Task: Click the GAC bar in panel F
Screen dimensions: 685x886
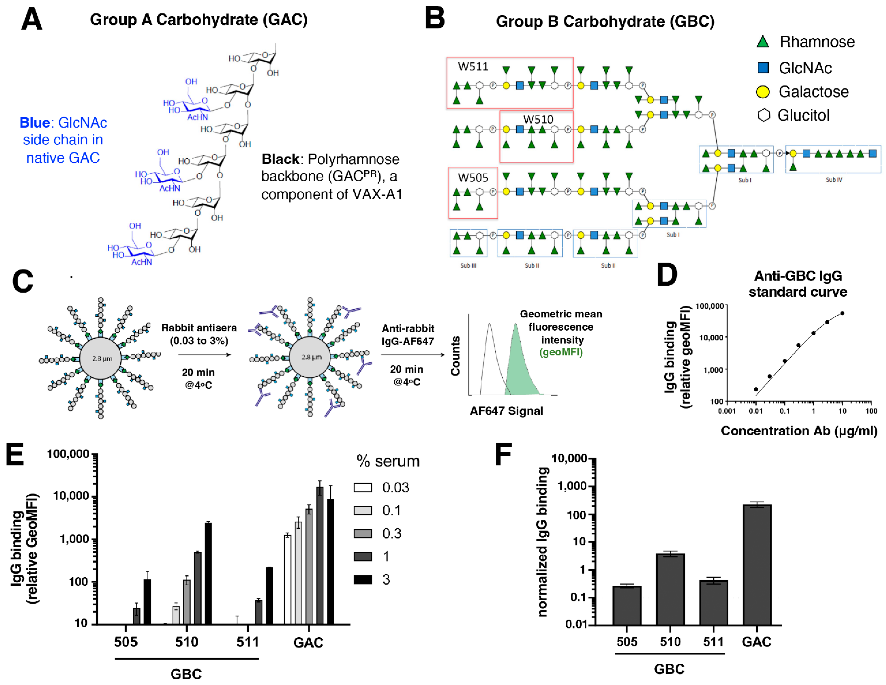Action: [x=757, y=564]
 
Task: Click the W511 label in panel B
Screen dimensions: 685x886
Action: [x=473, y=67]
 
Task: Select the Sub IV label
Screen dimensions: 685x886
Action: [x=834, y=180]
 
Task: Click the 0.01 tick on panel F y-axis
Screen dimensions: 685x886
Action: [x=576, y=624]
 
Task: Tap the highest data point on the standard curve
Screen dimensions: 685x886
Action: [x=842, y=313]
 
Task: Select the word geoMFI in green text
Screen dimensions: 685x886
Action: [x=561, y=352]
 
